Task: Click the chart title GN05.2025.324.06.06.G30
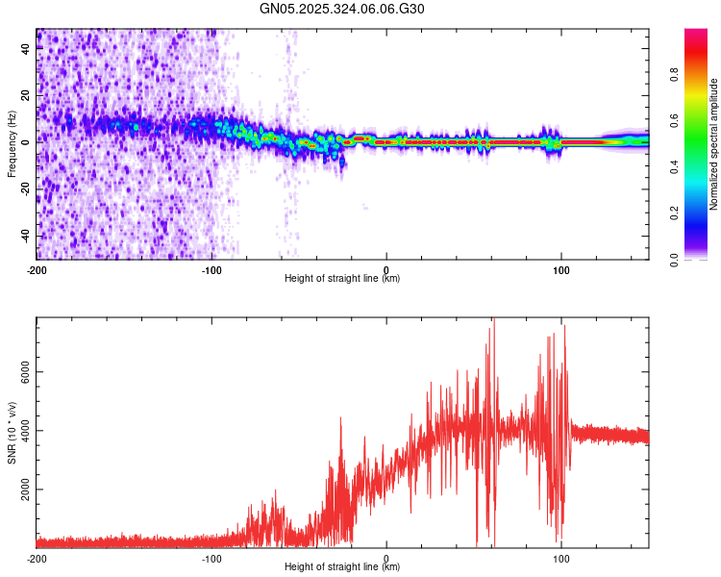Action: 342,9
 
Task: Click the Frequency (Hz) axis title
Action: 12,144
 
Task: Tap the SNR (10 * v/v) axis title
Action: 12,433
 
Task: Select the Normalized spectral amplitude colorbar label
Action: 714,144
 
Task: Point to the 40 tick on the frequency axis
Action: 27,49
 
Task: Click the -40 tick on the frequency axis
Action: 27,236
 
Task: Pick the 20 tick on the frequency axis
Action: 27,96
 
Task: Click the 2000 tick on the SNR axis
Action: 27,489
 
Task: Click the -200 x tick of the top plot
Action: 37,268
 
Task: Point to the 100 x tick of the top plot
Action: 561,268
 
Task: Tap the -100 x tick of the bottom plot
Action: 211,558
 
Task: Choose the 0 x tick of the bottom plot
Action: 386,558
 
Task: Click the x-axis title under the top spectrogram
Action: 342,279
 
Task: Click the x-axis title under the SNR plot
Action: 342,567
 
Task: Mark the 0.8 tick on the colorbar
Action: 676,75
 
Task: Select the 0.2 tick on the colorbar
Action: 676,213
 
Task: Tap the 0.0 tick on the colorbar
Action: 676,259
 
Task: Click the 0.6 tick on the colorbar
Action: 676,121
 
